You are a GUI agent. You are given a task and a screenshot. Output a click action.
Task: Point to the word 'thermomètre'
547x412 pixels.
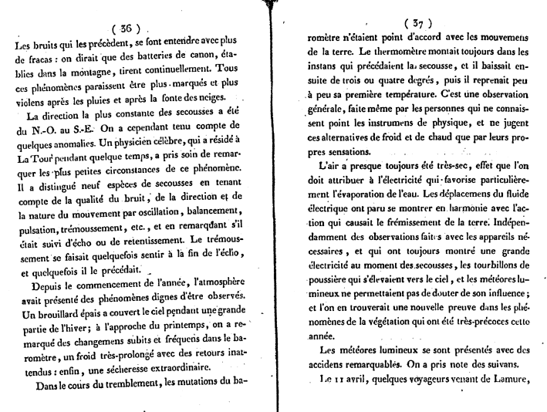(397, 52)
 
